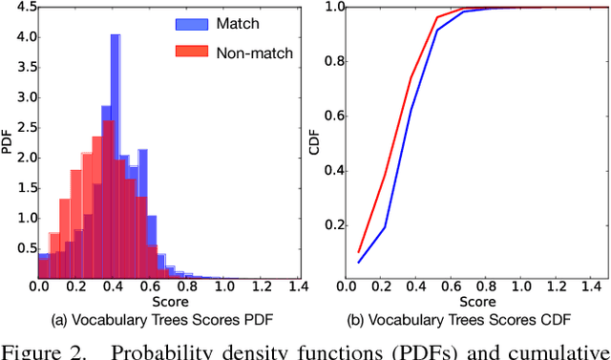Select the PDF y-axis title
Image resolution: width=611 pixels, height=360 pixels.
tap(9, 143)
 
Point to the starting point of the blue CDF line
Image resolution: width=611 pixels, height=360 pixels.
tap(359, 262)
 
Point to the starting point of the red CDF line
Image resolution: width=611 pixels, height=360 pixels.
tap(359, 252)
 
